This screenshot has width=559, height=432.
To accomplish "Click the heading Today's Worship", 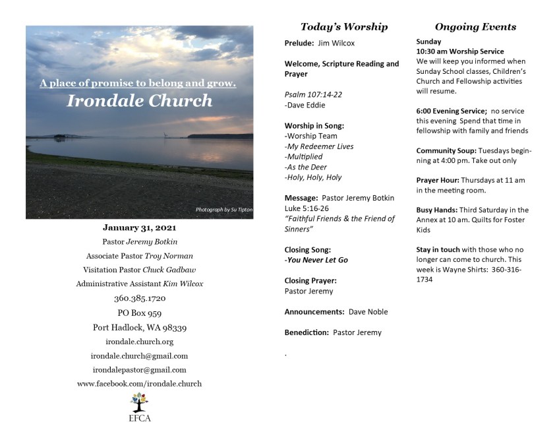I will point(343,27).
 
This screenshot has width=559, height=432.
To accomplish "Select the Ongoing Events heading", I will point(475,27).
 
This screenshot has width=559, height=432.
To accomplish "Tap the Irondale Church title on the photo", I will point(139,101).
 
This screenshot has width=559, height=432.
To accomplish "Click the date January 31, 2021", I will point(139,228).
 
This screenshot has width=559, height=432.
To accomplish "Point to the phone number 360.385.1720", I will point(139,298).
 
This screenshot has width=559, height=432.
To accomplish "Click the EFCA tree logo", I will point(139,400).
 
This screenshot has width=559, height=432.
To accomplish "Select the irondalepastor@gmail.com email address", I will point(139,370).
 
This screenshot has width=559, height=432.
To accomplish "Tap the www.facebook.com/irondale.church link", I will point(139,384).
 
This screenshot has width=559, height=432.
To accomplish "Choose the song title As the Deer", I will point(305,167).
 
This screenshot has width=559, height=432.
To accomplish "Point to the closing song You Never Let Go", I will point(317,260).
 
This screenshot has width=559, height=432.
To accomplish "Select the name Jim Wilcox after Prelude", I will point(336,44).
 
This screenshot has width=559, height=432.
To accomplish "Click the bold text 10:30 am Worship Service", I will point(460,51).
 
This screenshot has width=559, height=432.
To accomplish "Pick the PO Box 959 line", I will point(139,313).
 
